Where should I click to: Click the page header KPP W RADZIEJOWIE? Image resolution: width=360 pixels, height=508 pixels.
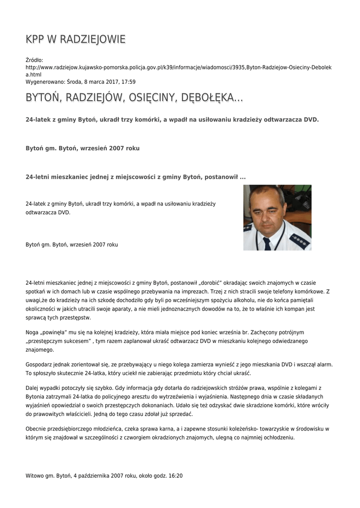click(x=75, y=39)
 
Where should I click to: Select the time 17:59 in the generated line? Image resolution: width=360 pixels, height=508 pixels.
click(x=129, y=82)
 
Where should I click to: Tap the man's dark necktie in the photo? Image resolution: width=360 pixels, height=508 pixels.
click(x=267, y=243)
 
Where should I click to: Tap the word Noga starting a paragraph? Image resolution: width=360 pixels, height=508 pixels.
click(x=32, y=332)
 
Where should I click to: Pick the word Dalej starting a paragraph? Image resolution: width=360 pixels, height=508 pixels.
click(x=32, y=388)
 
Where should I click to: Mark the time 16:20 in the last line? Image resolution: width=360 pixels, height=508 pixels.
click(x=176, y=475)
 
